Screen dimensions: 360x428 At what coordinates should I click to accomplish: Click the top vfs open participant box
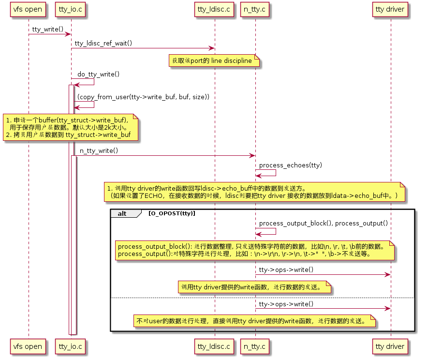(28, 9)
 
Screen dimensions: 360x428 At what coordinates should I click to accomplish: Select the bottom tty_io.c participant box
(71, 346)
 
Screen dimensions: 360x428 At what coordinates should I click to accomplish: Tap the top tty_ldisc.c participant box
(214, 9)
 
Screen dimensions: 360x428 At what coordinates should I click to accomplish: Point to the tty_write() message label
(48, 30)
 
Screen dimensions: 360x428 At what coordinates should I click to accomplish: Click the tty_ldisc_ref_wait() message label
(103, 44)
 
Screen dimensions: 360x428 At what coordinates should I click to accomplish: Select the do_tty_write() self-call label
(99, 74)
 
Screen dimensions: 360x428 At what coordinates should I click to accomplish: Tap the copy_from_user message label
(143, 97)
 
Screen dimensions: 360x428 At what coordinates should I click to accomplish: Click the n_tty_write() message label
(99, 151)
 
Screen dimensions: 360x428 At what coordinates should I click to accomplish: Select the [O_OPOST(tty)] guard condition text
(172, 213)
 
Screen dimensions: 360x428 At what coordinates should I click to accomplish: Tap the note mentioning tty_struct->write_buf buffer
(71, 127)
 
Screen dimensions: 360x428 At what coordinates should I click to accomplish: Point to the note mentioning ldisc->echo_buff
(255, 192)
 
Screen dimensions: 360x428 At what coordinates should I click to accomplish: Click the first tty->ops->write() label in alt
(286, 270)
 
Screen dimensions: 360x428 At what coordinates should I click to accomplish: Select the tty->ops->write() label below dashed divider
(286, 304)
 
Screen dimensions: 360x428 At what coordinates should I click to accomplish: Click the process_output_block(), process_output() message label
(323, 223)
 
